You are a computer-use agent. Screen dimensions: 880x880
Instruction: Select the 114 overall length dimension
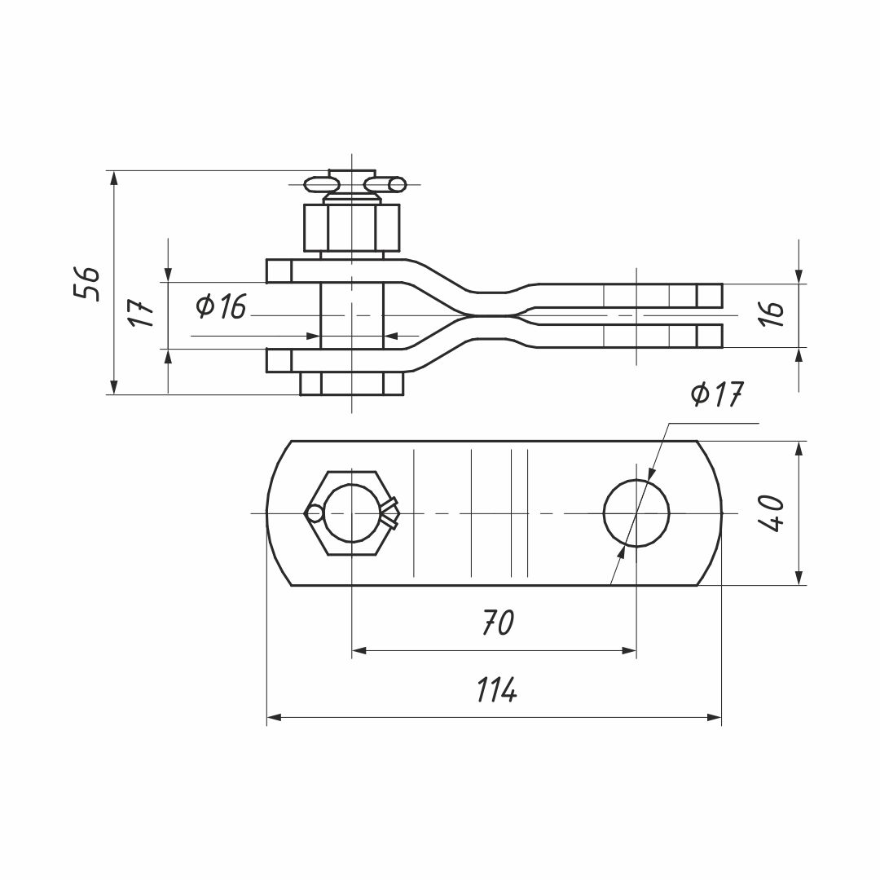click(497, 690)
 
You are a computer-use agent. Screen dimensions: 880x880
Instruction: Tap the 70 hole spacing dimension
click(499, 623)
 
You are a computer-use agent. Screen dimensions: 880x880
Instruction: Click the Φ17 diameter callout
click(717, 394)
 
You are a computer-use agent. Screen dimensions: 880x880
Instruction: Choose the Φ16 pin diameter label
click(221, 306)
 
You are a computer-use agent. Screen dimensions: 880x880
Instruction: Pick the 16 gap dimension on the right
click(773, 315)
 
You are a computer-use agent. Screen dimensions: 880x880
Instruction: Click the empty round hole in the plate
click(636, 513)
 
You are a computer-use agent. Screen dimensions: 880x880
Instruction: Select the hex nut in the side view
click(352, 228)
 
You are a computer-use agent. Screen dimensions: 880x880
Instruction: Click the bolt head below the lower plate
click(352, 384)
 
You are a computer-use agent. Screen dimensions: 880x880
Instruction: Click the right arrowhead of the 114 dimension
click(715, 717)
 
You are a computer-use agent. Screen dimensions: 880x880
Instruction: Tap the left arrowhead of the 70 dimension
click(360, 650)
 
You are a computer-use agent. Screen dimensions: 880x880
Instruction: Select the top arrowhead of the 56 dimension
click(114, 179)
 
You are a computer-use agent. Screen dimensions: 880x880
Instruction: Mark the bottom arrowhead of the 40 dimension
click(800, 578)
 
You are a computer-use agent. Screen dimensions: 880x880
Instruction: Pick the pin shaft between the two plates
click(352, 316)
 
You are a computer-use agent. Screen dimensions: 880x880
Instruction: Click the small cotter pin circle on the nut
click(315, 513)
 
